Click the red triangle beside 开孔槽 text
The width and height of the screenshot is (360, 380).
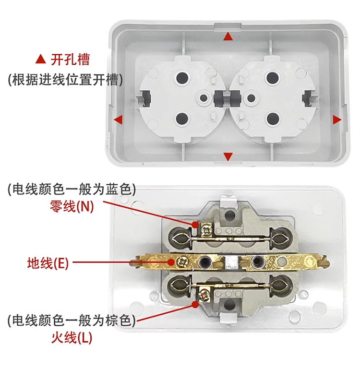pos(41,60)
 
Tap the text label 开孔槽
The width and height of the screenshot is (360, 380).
pos(71,60)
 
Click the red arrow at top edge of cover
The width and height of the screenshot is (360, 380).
pos(229,36)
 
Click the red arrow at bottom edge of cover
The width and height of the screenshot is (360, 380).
pos(228,155)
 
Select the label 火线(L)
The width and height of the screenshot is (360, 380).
pos(72,338)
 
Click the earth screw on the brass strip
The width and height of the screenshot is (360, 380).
pos(183,261)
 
